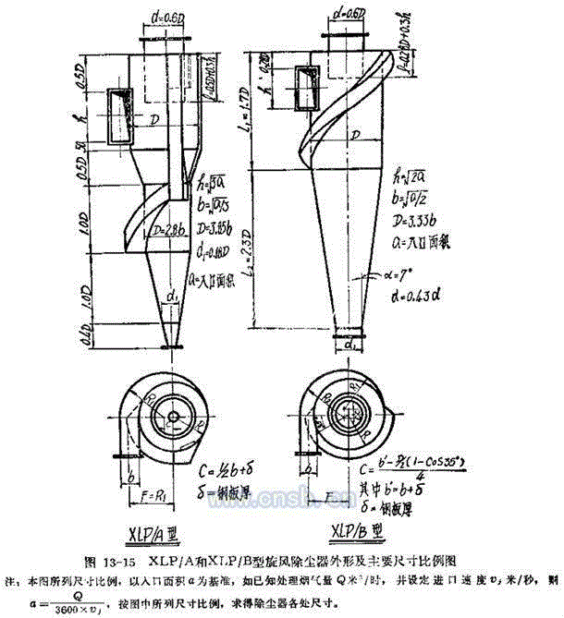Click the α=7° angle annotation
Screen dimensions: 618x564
click(x=405, y=275)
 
